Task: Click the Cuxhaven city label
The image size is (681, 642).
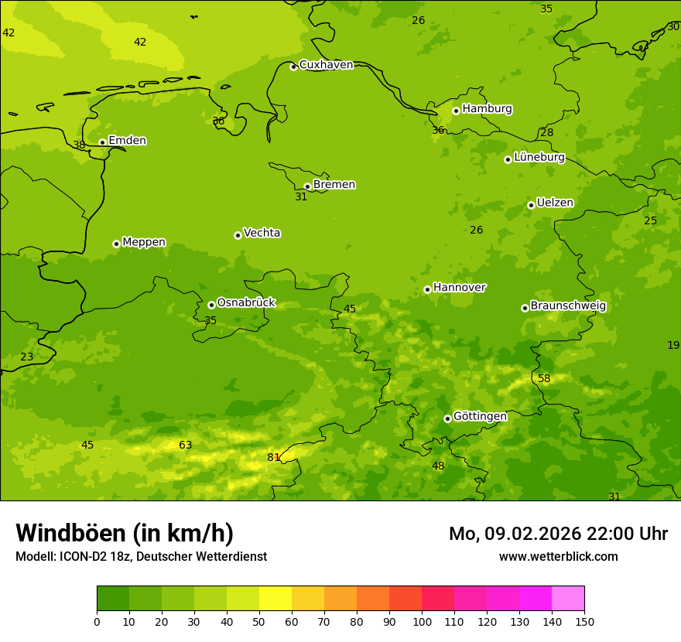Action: (326, 65)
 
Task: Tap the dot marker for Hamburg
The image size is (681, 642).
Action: (456, 111)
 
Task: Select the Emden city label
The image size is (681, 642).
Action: (127, 141)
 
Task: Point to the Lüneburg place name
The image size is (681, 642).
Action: (539, 157)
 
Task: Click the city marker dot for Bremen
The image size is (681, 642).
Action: (307, 186)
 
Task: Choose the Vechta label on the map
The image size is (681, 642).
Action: (262, 233)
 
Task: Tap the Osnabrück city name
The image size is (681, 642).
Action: (246, 302)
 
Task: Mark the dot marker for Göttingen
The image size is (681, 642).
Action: (447, 418)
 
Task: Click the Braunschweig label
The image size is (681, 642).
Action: (568, 306)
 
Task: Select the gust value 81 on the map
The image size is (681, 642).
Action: (274, 457)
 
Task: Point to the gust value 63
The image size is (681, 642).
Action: (186, 445)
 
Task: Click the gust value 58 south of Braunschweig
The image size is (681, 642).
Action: (544, 378)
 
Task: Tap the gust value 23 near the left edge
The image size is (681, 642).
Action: (27, 357)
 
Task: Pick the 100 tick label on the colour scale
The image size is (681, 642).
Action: (422, 621)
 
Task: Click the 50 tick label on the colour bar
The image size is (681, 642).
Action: (259, 621)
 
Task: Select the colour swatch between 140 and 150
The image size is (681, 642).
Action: (568, 598)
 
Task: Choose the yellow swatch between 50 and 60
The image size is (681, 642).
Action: (275, 598)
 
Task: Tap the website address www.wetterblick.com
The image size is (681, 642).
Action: (558, 556)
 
